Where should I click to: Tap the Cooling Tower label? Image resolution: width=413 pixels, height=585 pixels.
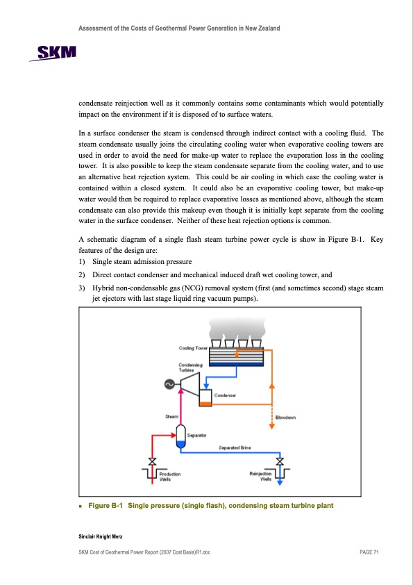(193, 348)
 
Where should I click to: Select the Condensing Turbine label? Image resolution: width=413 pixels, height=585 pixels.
(190, 367)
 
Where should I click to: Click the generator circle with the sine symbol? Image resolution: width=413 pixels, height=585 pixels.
(169, 384)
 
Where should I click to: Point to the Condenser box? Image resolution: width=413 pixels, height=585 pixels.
(205, 397)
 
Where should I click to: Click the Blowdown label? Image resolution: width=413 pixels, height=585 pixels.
(285, 418)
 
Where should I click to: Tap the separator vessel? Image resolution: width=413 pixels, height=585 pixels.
(180, 436)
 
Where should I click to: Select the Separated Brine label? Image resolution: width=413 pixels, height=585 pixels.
(235, 447)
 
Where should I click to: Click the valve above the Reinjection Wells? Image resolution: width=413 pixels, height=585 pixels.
(280, 461)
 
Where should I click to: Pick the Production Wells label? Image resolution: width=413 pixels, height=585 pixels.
(170, 477)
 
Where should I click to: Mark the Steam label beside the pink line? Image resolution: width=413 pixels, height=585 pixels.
(171, 416)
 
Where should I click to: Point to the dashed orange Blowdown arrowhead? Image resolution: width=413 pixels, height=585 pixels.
(271, 426)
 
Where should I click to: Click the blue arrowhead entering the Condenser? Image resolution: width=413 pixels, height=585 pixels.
(205, 386)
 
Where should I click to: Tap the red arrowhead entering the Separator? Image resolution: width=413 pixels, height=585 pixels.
(173, 435)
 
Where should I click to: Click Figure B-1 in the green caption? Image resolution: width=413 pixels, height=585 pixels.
(105, 506)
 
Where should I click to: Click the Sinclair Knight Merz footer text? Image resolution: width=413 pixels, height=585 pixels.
(100, 536)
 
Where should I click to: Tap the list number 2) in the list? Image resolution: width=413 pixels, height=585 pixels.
(82, 275)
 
